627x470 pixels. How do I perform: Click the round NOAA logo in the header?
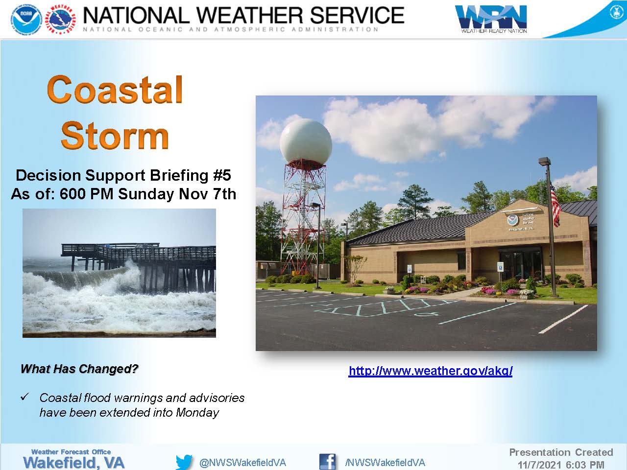[x=26, y=20]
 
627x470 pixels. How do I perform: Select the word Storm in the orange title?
[x=115, y=135]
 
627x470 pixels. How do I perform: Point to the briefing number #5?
[x=222, y=175]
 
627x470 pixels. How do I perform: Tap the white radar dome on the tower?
[x=306, y=142]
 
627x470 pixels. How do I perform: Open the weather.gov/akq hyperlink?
[x=431, y=371]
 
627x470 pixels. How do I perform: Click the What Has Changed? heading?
[x=79, y=369]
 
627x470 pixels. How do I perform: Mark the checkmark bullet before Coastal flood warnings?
[x=25, y=397]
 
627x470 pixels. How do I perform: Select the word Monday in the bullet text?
[x=197, y=412]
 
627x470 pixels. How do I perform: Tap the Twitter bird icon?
[x=184, y=462]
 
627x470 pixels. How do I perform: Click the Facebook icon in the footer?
[x=327, y=462]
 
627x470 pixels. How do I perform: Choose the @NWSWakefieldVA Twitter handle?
[x=242, y=463]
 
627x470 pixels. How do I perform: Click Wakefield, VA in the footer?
[x=73, y=463]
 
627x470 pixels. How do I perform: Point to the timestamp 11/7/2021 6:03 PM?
[x=561, y=465]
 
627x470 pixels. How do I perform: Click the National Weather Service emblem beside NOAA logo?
[x=61, y=20]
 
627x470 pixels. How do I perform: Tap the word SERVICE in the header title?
[x=357, y=15]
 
